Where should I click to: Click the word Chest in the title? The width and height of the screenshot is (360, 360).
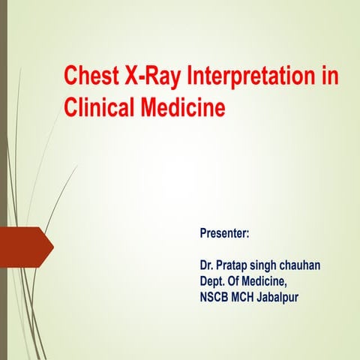point(90,76)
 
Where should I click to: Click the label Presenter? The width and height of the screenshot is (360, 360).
point(224,234)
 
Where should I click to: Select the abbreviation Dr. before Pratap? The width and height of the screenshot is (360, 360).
point(207,265)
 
